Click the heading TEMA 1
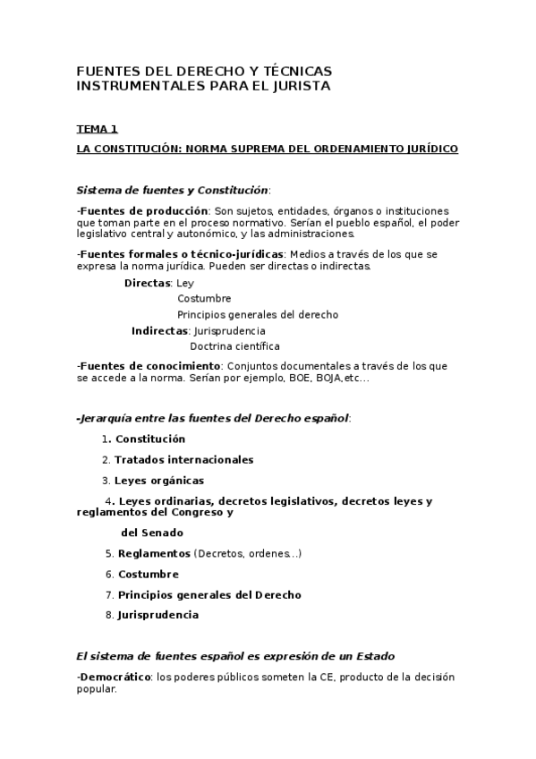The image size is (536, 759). tap(98, 129)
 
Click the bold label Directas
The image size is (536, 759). tap(148, 283)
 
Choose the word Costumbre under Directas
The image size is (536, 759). tap(204, 299)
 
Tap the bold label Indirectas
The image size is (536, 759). tap(159, 330)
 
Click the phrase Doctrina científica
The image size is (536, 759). tap(234, 345)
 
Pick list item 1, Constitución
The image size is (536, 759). tap(149, 439)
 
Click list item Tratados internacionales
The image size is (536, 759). tap(183, 460)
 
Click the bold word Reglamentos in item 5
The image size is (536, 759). tap(154, 554)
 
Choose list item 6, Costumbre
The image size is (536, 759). tap(148, 575)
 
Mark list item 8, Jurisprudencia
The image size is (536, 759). tap(157, 615)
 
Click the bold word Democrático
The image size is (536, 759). tap(115, 678)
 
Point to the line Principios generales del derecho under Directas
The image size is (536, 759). tap(258, 314)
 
